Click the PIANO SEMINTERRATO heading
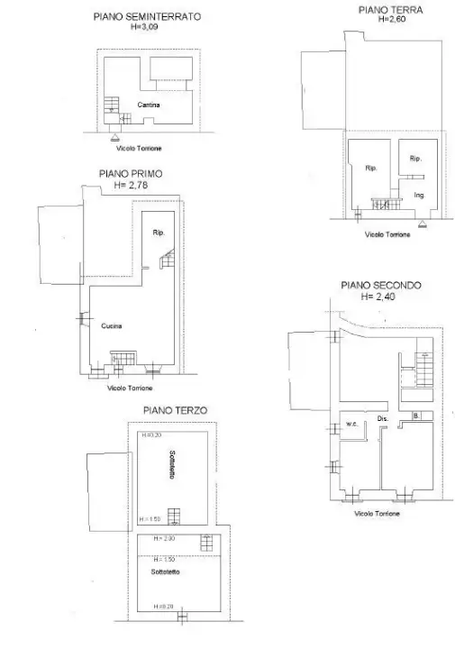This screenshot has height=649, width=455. pos(148,16)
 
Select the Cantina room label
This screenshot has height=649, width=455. pos(150,105)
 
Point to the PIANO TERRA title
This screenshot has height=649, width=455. pos(389,10)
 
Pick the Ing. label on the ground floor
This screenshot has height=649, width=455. pos(419,195)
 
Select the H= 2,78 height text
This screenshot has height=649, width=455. pos(132,185)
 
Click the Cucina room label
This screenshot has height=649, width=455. pos(112,325)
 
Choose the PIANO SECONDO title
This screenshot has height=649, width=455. pos(380,285)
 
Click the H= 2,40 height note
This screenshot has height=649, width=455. pos(378,296)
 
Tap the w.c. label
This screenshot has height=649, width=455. pos(352,424)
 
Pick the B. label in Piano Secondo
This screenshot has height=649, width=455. pos(415,416)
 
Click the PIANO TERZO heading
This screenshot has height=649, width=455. pos(175,410)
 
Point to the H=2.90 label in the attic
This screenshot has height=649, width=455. pos(162,538)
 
